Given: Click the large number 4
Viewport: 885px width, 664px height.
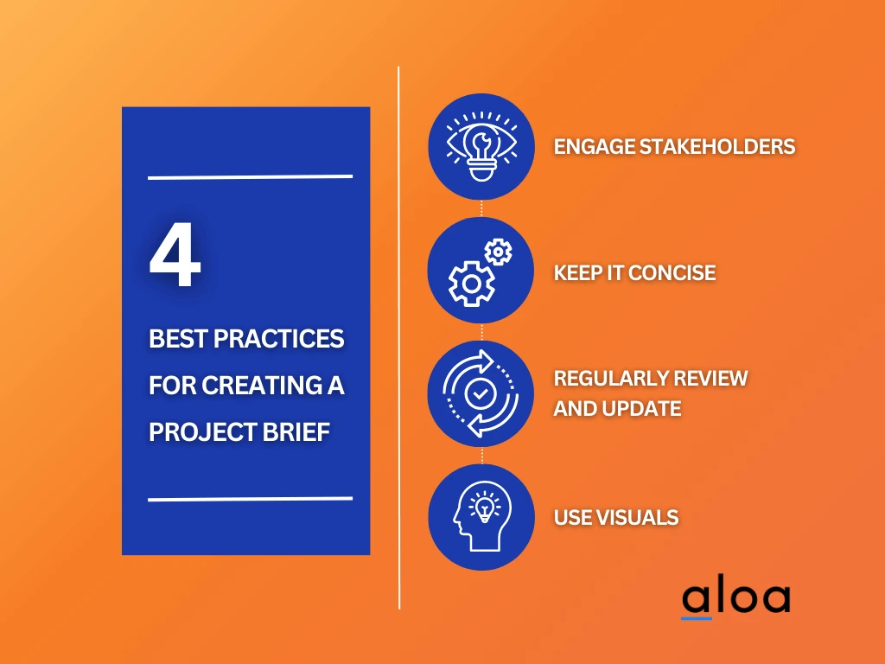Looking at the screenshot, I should pos(175,259).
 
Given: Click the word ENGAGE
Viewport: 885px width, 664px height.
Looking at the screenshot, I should pos(593,146).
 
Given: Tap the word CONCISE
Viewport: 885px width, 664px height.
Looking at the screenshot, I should pos(672,273).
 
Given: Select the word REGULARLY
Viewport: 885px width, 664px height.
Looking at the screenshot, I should pos(614,378).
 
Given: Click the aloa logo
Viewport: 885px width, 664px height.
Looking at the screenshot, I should pos(735,598).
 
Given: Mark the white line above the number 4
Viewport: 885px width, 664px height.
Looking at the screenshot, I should pos(251,177).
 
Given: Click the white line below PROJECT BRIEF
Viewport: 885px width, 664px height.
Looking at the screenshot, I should pos(251,499).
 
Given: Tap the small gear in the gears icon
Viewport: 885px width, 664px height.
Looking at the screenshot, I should pos(499,252).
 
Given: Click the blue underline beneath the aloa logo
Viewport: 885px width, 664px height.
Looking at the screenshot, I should pos(697,618).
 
